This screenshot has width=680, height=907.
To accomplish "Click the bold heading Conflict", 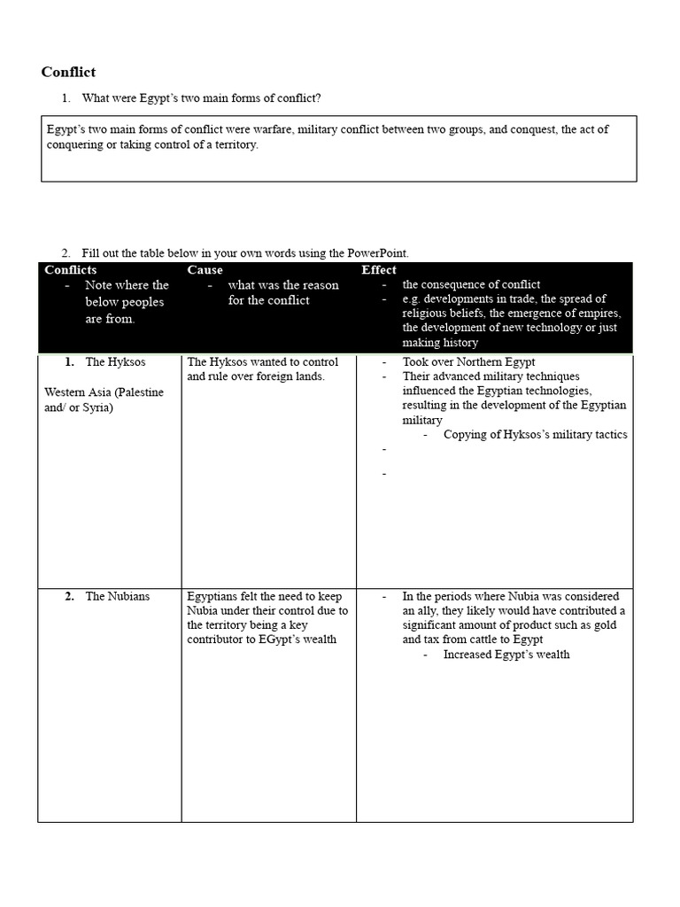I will pyautogui.click(x=69, y=72).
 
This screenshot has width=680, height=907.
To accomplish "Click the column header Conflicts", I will pyautogui.click(x=71, y=269).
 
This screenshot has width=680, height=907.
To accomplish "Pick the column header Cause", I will pyautogui.click(x=205, y=269).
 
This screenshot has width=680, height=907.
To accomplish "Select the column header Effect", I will pyautogui.click(x=379, y=269).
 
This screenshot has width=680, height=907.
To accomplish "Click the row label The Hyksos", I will pyautogui.click(x=115, y=362).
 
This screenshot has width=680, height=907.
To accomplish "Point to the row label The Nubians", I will pyautogui.click(x=117, y=596).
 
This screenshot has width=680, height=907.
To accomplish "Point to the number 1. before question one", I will pyautogui.click(x=66, y=97).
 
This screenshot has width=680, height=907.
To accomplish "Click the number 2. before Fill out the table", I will pyautogui.click(x=66, y=253).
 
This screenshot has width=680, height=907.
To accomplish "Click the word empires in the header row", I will pyautogui.click(x=599, y=314).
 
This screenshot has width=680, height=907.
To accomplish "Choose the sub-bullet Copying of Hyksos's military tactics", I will pyautogui.click(x=535, y=434).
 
